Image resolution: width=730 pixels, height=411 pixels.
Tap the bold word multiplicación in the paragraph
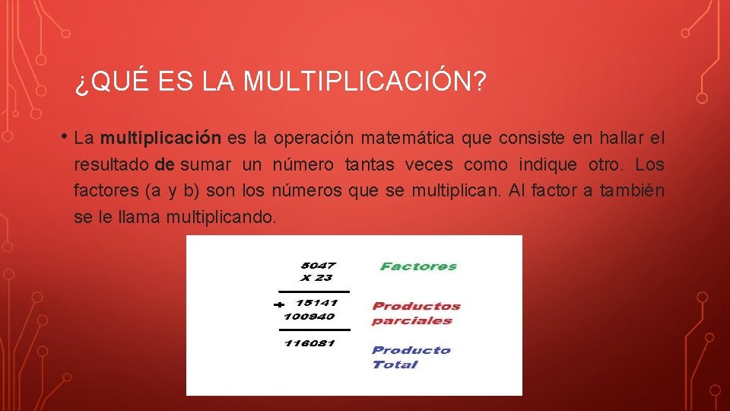point(160,139)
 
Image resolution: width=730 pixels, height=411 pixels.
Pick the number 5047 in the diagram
point(318,266)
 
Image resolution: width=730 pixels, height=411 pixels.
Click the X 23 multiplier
point(316,278)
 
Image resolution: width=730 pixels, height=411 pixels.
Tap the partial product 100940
point(309,315)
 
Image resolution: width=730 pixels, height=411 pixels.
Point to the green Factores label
point(418,266)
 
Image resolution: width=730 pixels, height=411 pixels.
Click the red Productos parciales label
point(416,313)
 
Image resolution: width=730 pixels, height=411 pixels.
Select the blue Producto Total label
point(411,357)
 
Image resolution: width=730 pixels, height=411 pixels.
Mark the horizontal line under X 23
point(315,291)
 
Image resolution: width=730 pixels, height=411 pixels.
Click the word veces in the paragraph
point(428,164)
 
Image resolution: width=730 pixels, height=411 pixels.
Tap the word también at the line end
point(632,190)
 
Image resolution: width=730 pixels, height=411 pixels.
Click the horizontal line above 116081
point(315,330)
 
